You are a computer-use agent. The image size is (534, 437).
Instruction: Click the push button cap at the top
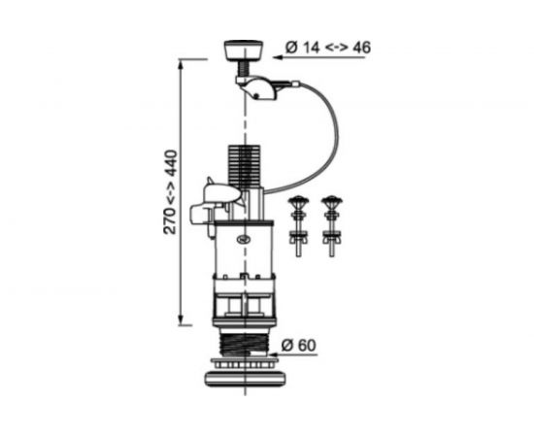click(244, 50)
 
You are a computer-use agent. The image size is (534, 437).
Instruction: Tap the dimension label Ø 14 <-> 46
click(328, 48)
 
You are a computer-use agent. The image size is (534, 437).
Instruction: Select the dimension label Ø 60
click(299, 346)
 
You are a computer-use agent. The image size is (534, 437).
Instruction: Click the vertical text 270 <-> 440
click(171, 192)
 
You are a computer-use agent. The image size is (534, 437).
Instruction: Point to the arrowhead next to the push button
click(278, 57)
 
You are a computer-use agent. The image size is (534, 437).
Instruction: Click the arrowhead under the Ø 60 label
click(274, 354)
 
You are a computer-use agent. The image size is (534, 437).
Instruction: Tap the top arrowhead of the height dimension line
click(181, 64)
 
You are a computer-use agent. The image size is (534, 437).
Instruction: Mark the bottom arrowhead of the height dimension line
click(181, 320)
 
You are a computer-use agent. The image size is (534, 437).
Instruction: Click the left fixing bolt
click(299, 226)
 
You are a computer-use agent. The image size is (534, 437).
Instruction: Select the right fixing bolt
click(332, 226)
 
